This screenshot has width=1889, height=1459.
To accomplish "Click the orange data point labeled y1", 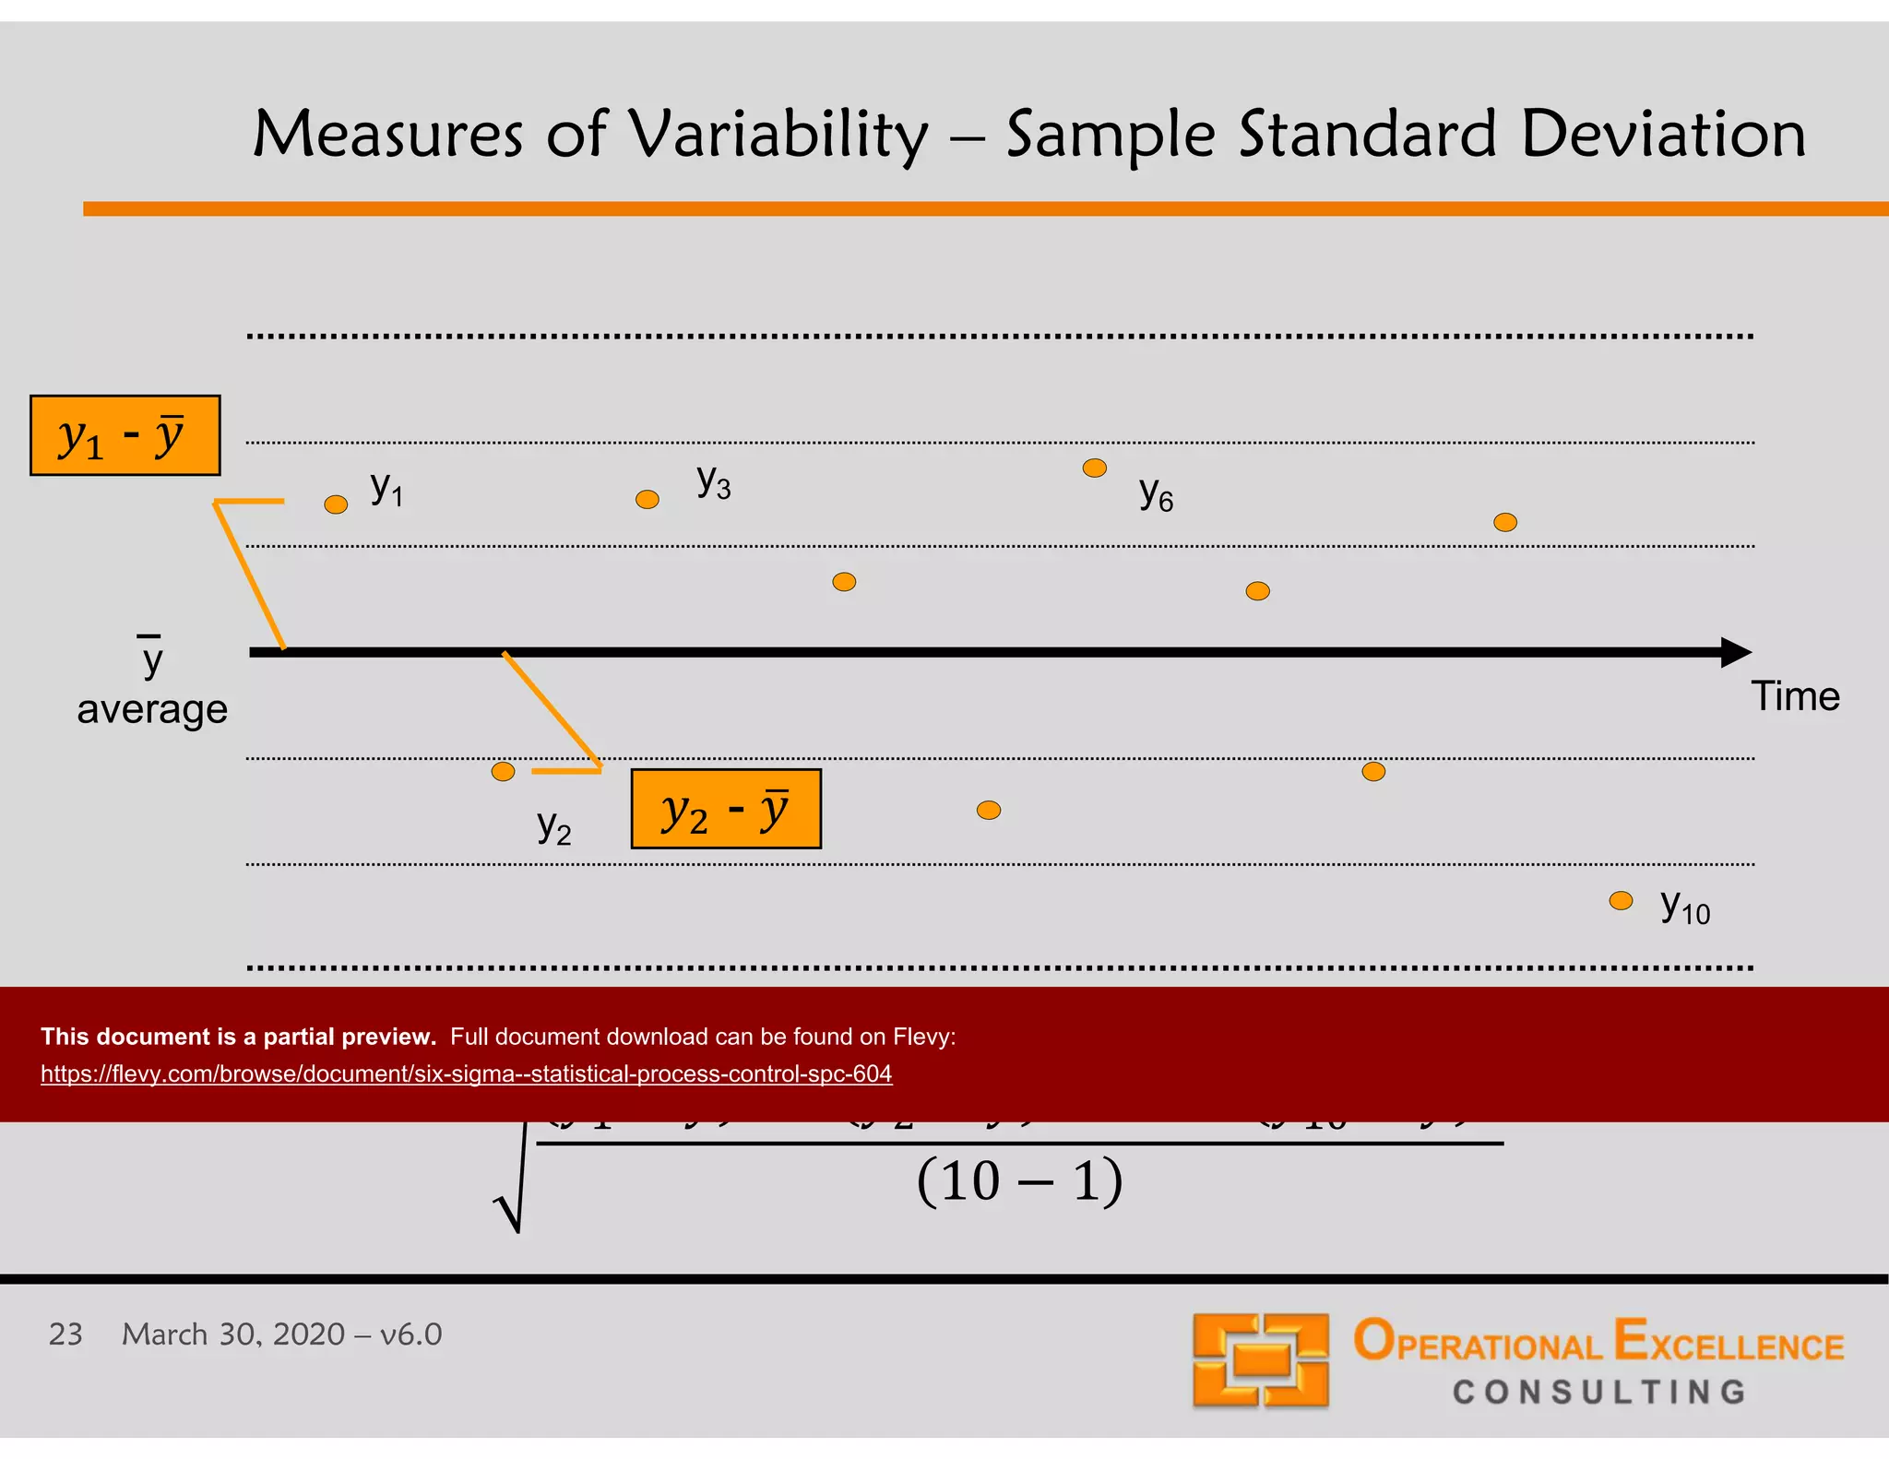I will point(336,504).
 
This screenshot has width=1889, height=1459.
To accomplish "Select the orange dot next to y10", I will point(1621,901).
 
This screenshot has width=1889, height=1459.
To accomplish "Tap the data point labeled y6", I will point(1095,469).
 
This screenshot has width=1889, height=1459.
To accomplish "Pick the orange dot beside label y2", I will point(503,771).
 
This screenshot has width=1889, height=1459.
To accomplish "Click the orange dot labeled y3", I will point(647,500).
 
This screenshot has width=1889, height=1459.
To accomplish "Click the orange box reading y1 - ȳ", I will point(125,435).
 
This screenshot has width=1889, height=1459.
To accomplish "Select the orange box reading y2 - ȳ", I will point(726,809).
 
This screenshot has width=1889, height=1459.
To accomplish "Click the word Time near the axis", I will point(1795,696).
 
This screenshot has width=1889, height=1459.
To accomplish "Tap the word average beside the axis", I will point(152,709).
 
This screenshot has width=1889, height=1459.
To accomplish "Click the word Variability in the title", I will point(779,135).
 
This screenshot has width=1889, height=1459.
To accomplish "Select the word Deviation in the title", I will point(1663,135).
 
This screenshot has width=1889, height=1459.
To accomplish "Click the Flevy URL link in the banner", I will point(466,1073).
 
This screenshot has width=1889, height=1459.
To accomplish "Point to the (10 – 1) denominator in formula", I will point(1019,1181).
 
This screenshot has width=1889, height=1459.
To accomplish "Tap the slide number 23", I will point(65,1334).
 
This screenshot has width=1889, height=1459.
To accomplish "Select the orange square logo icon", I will point(1260,1359).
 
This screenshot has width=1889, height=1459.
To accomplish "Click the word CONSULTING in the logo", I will point(1599,1392).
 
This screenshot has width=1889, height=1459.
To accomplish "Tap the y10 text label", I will point(1684,907).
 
